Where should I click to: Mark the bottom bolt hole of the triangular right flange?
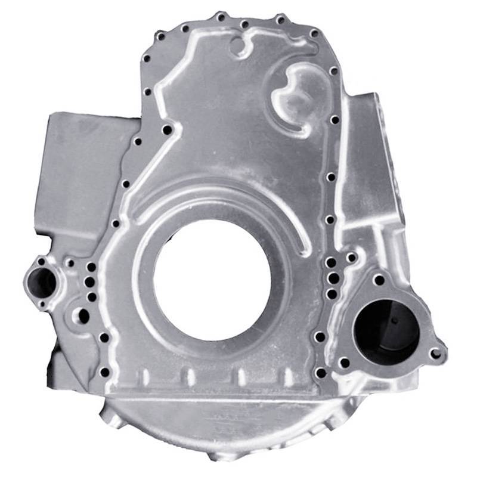[x=344, y=362]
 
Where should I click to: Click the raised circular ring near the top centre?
[x=240, y=45]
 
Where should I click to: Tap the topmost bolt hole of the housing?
[x=220, y=16]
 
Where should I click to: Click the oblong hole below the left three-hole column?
[x=83, y=315]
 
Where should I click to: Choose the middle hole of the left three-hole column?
[x=90, y=281]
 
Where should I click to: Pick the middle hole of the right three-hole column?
[x=331, y=278]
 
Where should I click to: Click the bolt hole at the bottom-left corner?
[x=105, y=372]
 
